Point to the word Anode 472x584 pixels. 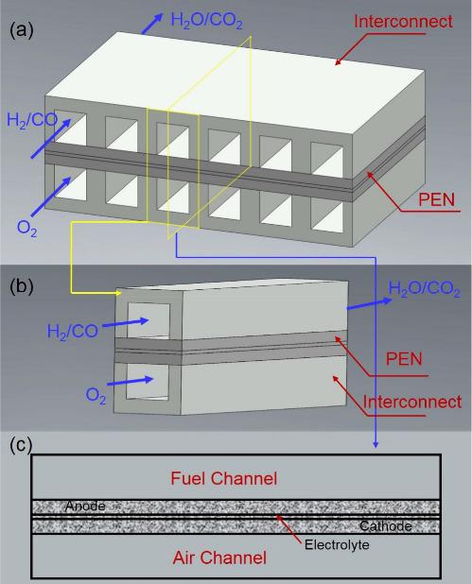pos(84,507)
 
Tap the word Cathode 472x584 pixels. pos(387,526)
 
